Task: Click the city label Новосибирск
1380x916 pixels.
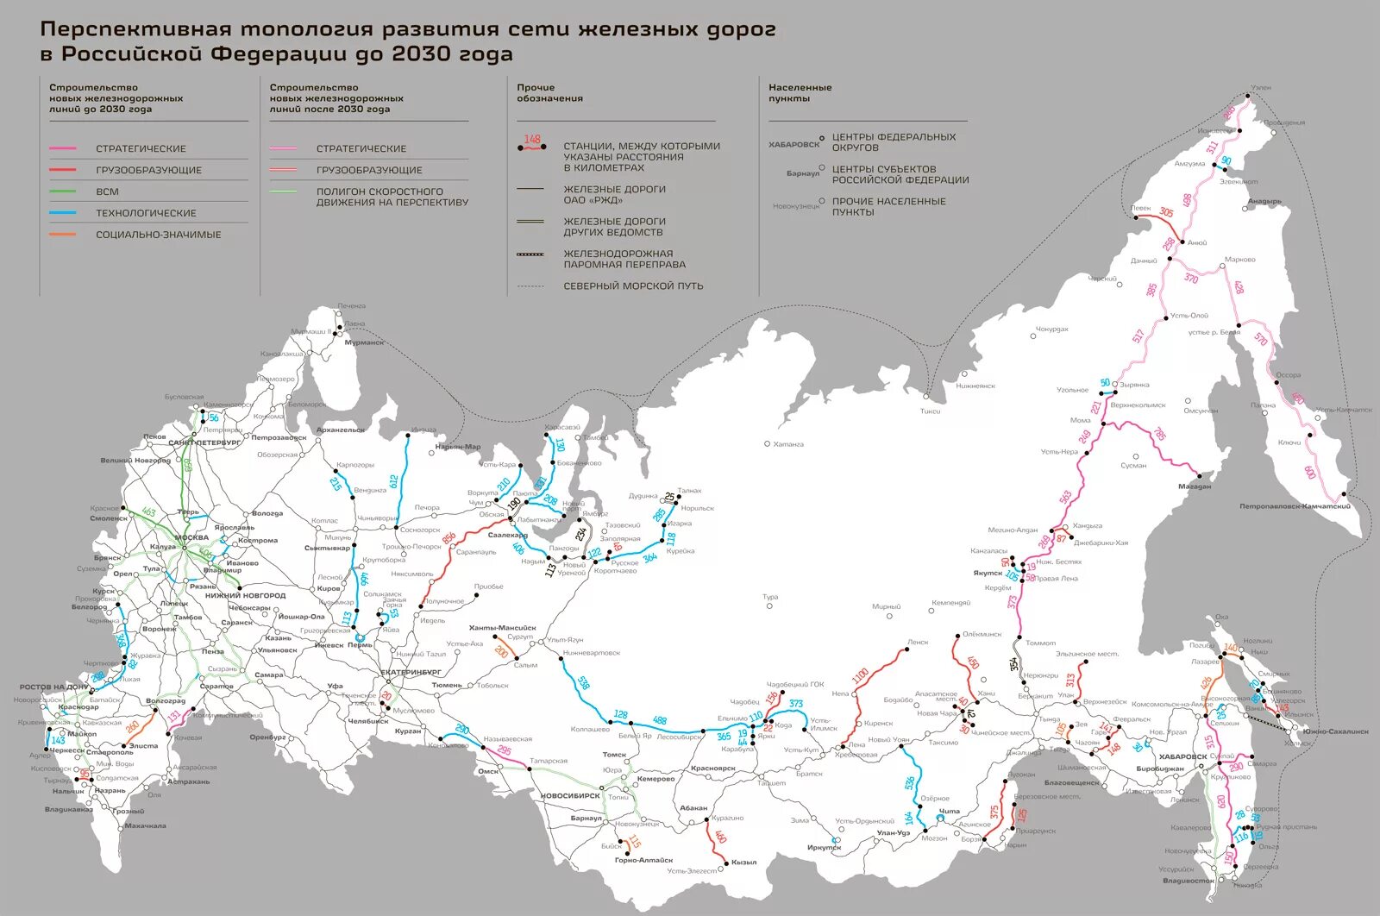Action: point(570,796)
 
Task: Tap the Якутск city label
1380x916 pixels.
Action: point(988,574)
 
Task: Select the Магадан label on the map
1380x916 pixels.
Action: point(1195,486)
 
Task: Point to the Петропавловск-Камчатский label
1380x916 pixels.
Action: point(1295,506)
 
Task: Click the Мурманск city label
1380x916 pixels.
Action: point(364,342)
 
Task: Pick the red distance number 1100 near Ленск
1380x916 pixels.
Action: point(860,675)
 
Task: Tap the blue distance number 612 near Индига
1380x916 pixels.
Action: point(394,480)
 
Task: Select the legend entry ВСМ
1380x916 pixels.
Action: point(108,191)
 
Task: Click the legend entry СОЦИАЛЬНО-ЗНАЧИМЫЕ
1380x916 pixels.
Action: point(158,235)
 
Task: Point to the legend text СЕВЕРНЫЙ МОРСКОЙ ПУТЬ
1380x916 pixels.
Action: point(633,285)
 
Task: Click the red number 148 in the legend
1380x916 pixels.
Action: point(532,139)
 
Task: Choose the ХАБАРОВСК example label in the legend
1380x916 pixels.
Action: point(793,144)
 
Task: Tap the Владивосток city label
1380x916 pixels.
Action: point(1188,881)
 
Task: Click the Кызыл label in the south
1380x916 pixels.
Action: point(743,863)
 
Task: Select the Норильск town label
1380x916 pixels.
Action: point(697,508)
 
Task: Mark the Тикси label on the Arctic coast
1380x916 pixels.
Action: point(930,411)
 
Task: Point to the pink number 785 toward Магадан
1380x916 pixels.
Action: point(1159,434)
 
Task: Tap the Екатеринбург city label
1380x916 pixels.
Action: point(411,672)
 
